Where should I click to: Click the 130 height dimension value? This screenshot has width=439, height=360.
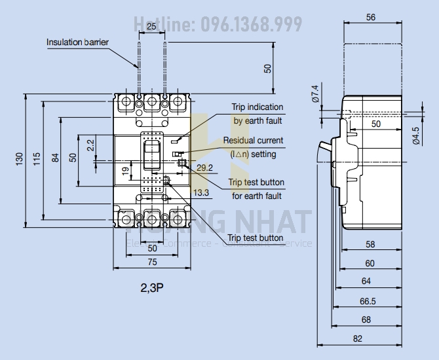pyautogui.click(x=20, y=158)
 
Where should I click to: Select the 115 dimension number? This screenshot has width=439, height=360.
pyautogui.click(x=37, y=158)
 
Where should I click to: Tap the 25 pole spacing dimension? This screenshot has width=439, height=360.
pyautogui.click(x=151, y=26)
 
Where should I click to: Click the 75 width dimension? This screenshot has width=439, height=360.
pyautogui.click(x=151, y=262)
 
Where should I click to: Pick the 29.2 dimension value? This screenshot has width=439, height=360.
pyautogui.click(x=204, y=168)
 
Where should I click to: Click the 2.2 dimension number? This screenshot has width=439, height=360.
pyautogui.click(x=90, y=144)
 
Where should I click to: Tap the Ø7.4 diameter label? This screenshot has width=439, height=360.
pyautogui.click(x=315, y=94)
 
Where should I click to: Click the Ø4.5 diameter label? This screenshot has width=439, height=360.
pyautogui.click(x=416, y=134)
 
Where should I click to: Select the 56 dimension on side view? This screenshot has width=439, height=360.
pyautogui.click(x=371, y=18)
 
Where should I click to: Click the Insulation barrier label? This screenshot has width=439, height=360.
pyautogui.click(x=77, y=43)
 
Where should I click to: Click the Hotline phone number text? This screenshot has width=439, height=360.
pyautogui.click(x=218, y=25)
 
